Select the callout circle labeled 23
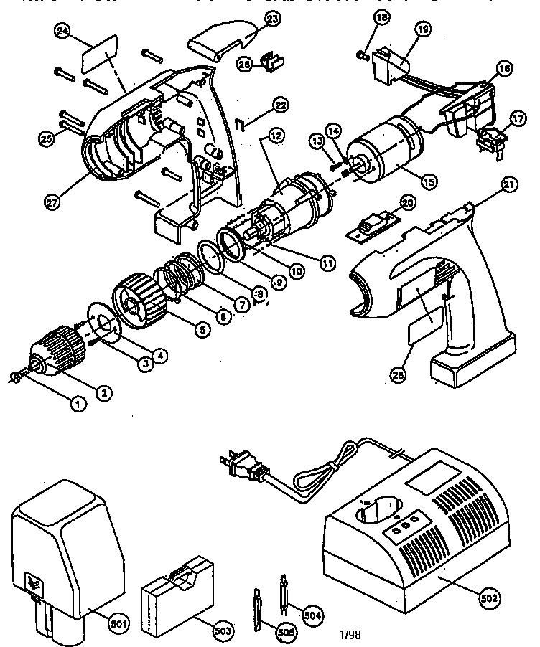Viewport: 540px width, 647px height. click(x=252, y=20)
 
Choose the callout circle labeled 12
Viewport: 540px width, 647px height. click(x=276, y=134)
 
